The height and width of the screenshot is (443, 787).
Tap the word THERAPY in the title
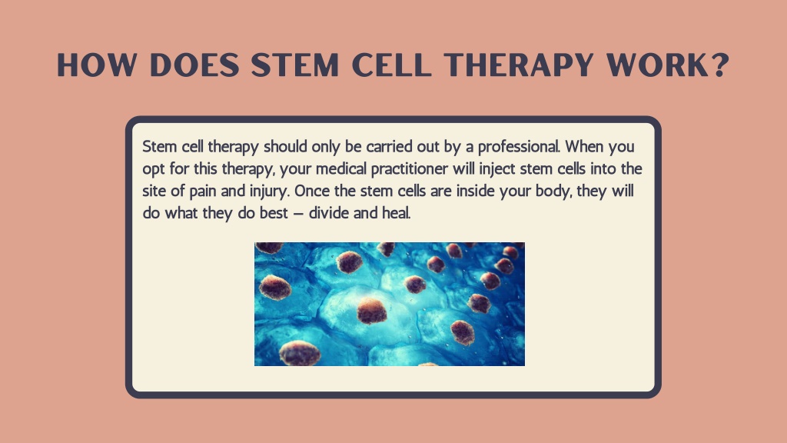coord(523,65)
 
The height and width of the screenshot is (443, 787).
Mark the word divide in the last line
coord(329,213)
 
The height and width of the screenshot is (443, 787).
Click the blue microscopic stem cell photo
coord(390,304)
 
